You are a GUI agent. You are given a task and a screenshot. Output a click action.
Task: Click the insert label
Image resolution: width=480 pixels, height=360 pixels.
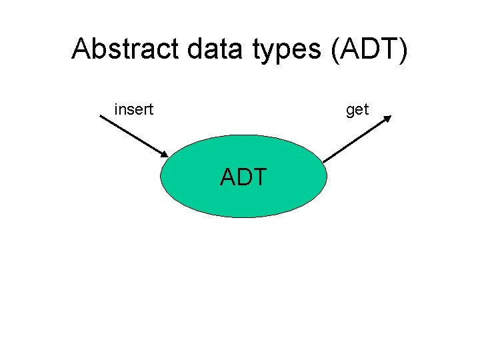click(x=134, y=109)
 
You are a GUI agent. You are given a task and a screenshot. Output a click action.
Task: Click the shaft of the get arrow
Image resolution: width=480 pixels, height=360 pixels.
click(x=355, y=139)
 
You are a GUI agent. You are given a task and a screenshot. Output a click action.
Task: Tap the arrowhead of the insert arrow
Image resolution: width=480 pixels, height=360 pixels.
click(x=164, y=154)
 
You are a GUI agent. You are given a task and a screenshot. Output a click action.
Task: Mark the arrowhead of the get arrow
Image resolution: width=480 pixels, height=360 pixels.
click(x=388, y=119)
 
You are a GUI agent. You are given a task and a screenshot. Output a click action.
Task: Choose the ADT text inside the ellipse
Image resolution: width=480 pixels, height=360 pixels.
click(x=243, y=177)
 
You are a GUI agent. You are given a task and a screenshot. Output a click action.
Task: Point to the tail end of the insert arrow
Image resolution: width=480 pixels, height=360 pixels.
click(x=101, y=117)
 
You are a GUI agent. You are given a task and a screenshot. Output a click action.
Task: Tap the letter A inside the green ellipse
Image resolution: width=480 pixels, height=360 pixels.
click(x=229, y=177)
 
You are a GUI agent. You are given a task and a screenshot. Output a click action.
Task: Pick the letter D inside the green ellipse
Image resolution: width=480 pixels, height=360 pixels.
click(x=244, y=177)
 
